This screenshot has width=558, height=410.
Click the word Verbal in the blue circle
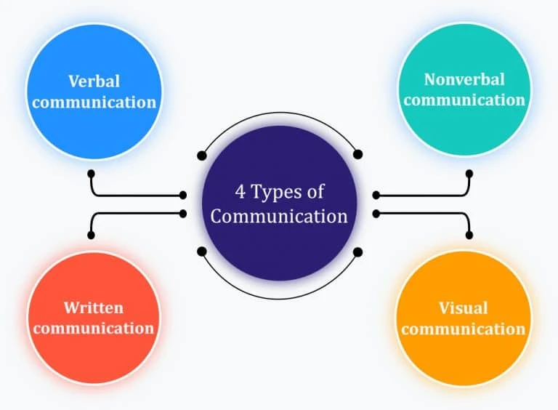[94, 80]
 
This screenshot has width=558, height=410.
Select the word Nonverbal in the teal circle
[464, 79]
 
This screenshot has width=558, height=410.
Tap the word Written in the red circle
[93, 307]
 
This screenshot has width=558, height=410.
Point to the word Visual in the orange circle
[463, 307]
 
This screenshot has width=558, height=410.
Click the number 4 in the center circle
[240, 193]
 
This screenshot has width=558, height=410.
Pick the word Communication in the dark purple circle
[279, 216]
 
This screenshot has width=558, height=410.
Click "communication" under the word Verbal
[94, 101]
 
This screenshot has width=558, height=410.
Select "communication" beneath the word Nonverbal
[464, 100]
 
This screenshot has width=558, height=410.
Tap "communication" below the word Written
[93, 328]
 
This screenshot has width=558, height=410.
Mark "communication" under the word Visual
[463, 329]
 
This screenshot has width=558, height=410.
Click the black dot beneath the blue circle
[91, 174]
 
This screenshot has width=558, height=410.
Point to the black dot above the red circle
[91, 235]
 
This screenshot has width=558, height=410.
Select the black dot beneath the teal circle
[469, 174]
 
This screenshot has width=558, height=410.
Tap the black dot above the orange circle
[469, 235]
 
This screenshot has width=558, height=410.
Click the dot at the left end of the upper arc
[202, 155]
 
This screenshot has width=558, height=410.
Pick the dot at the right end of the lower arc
[357, 252]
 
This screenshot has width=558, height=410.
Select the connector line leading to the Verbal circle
[131, 195]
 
